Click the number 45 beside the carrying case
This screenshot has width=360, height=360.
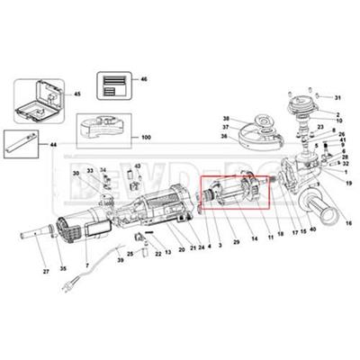(77, 94)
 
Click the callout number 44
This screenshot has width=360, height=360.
(54, 144)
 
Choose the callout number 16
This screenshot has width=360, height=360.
(348, 220)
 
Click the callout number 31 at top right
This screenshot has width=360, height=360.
(337, 97)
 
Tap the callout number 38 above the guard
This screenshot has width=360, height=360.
(227, 118)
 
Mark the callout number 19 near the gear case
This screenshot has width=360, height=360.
(349, 182)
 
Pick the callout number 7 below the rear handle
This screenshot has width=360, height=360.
(86, 267)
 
